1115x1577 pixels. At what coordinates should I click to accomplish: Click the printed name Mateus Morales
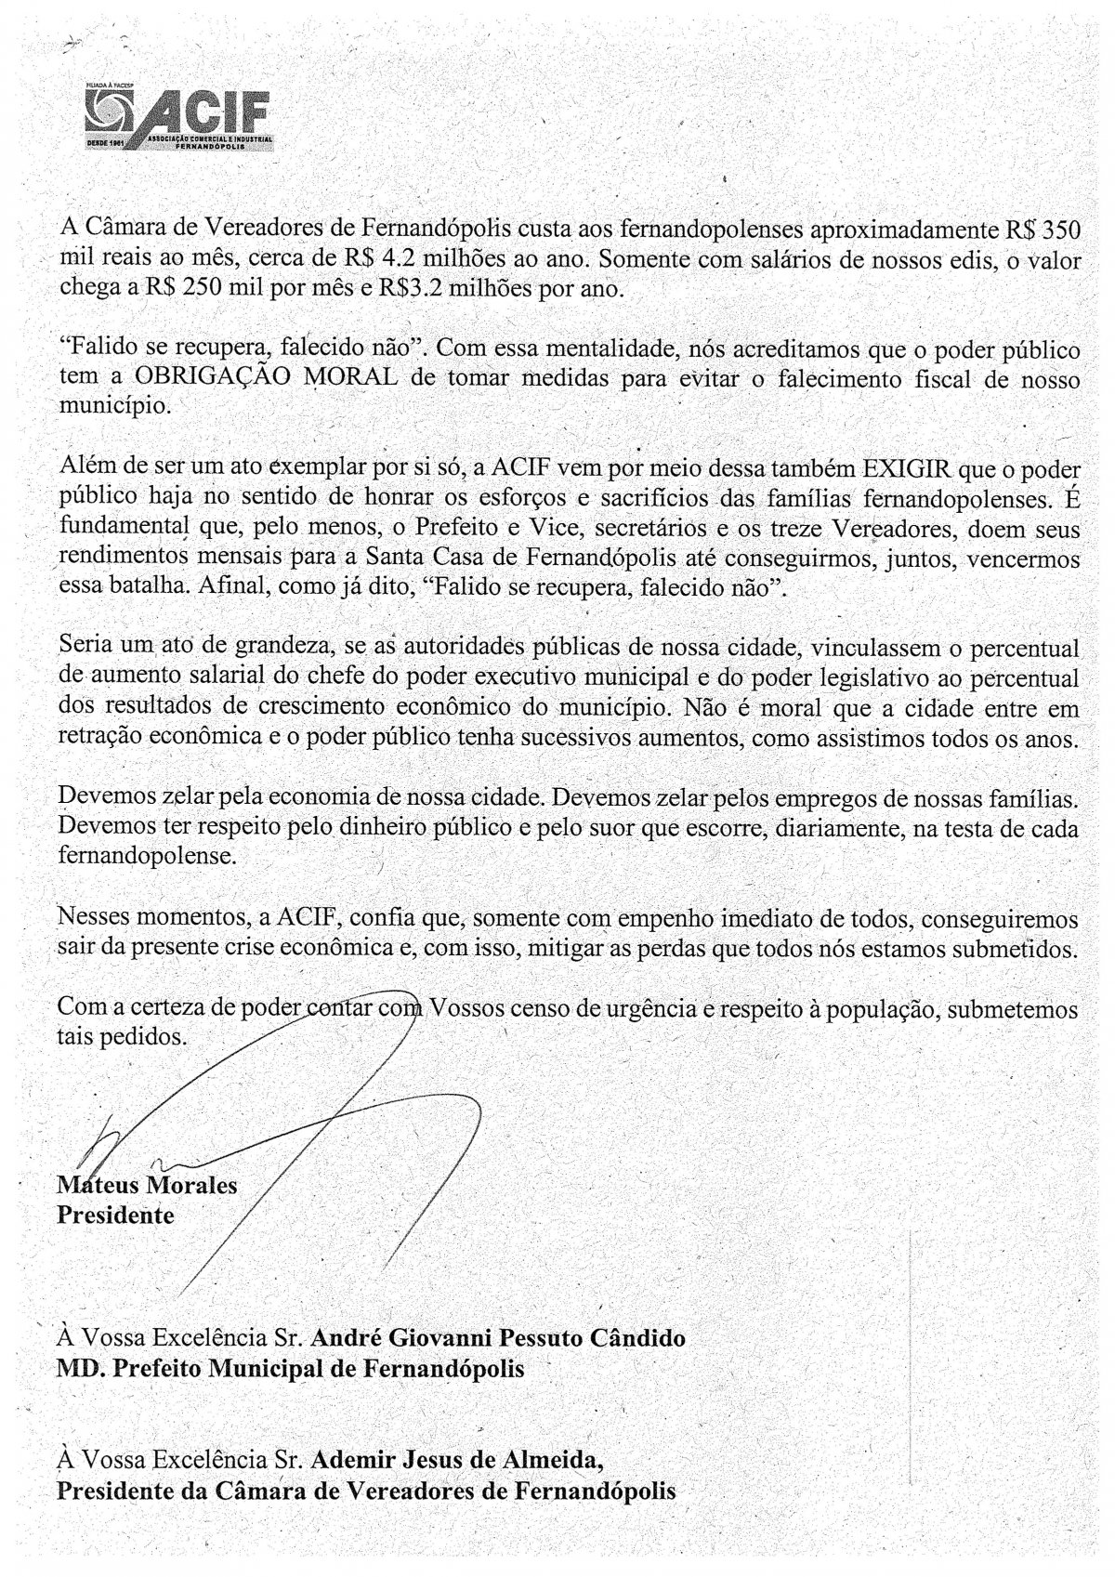click(x=147, y=1186)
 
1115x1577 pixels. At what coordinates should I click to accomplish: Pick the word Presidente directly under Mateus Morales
click(x=115, y=1216)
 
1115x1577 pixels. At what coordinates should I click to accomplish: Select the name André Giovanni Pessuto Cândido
click(x=498, y=1338)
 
